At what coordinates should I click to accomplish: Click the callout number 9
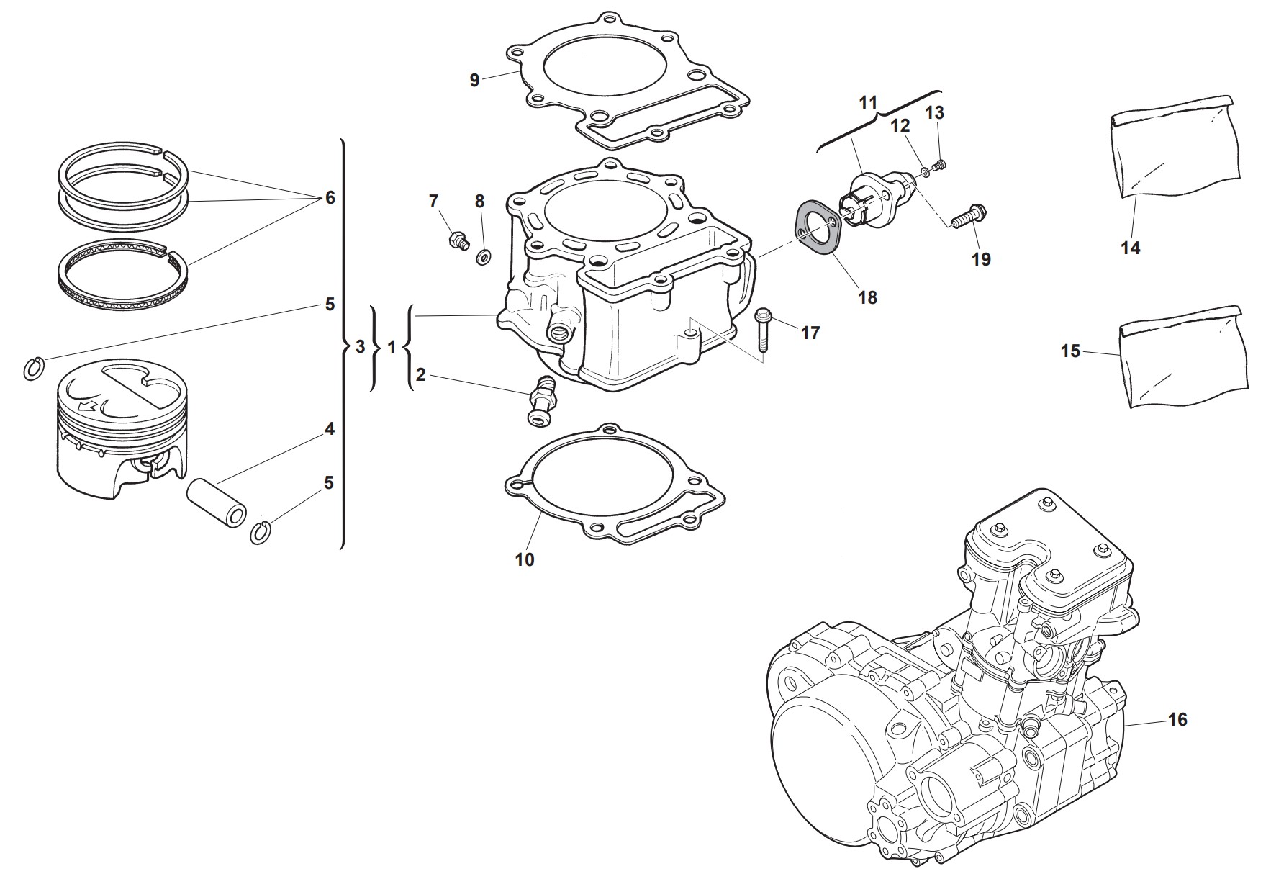474,81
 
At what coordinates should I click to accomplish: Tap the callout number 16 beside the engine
1177,719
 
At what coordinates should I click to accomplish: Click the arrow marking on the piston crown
89,407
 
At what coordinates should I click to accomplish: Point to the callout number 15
1070,351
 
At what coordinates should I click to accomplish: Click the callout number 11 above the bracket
869,103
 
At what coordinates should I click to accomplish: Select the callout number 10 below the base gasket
525,559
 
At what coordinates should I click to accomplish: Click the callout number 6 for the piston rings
330,197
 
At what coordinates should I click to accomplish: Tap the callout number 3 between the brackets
361,348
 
